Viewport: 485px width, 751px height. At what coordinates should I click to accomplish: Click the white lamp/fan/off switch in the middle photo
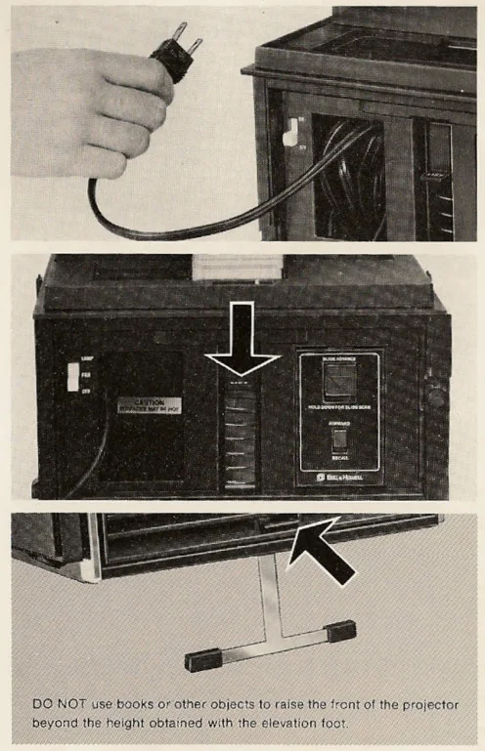click(x=72, y=377)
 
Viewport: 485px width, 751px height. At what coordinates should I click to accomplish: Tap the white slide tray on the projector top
click(x=227, y=265)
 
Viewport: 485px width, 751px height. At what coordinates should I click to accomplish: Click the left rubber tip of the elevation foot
click(x=200, y=659)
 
